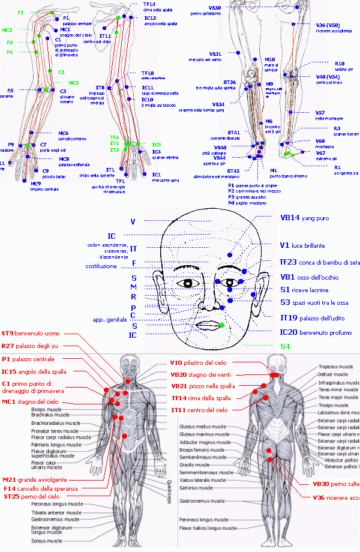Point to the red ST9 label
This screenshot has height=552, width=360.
click(x=8, y=333)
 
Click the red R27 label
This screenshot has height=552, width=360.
click(x=8, y=346)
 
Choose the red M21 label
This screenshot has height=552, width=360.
click(x=9, y=479)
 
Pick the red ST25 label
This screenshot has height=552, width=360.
click(x=11, y=497)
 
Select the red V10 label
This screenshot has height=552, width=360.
click(x=176, y=363)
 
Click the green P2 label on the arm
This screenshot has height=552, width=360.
click(x=20, y=13)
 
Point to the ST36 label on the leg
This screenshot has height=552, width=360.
click(x=230, y=82)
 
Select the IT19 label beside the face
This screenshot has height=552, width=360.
click(x=286, y=318)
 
